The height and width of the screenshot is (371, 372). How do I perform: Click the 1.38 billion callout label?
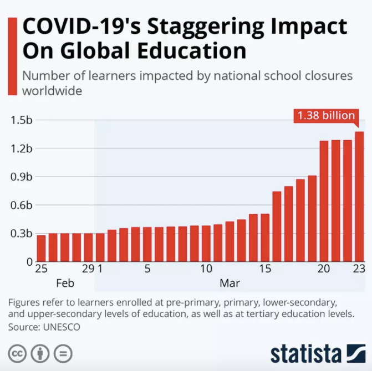[326, 116]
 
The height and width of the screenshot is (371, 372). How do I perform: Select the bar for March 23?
[359, 197]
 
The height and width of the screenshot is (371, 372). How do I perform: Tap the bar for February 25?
[41, 248]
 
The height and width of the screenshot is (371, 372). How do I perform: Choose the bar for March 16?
[277, 226]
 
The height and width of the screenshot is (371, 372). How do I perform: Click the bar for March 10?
[206, 243]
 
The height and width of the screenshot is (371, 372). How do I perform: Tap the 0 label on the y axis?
[29, 261]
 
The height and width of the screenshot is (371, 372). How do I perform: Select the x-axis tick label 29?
[88, 269]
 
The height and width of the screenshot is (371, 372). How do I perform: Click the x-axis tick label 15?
[265, 269]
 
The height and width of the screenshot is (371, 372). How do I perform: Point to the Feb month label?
[65, 283]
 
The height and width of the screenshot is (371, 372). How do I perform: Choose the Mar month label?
[230, 283]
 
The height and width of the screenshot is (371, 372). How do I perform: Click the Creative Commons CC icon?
[18, 353]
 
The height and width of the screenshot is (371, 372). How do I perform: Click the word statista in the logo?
[305, 353]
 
